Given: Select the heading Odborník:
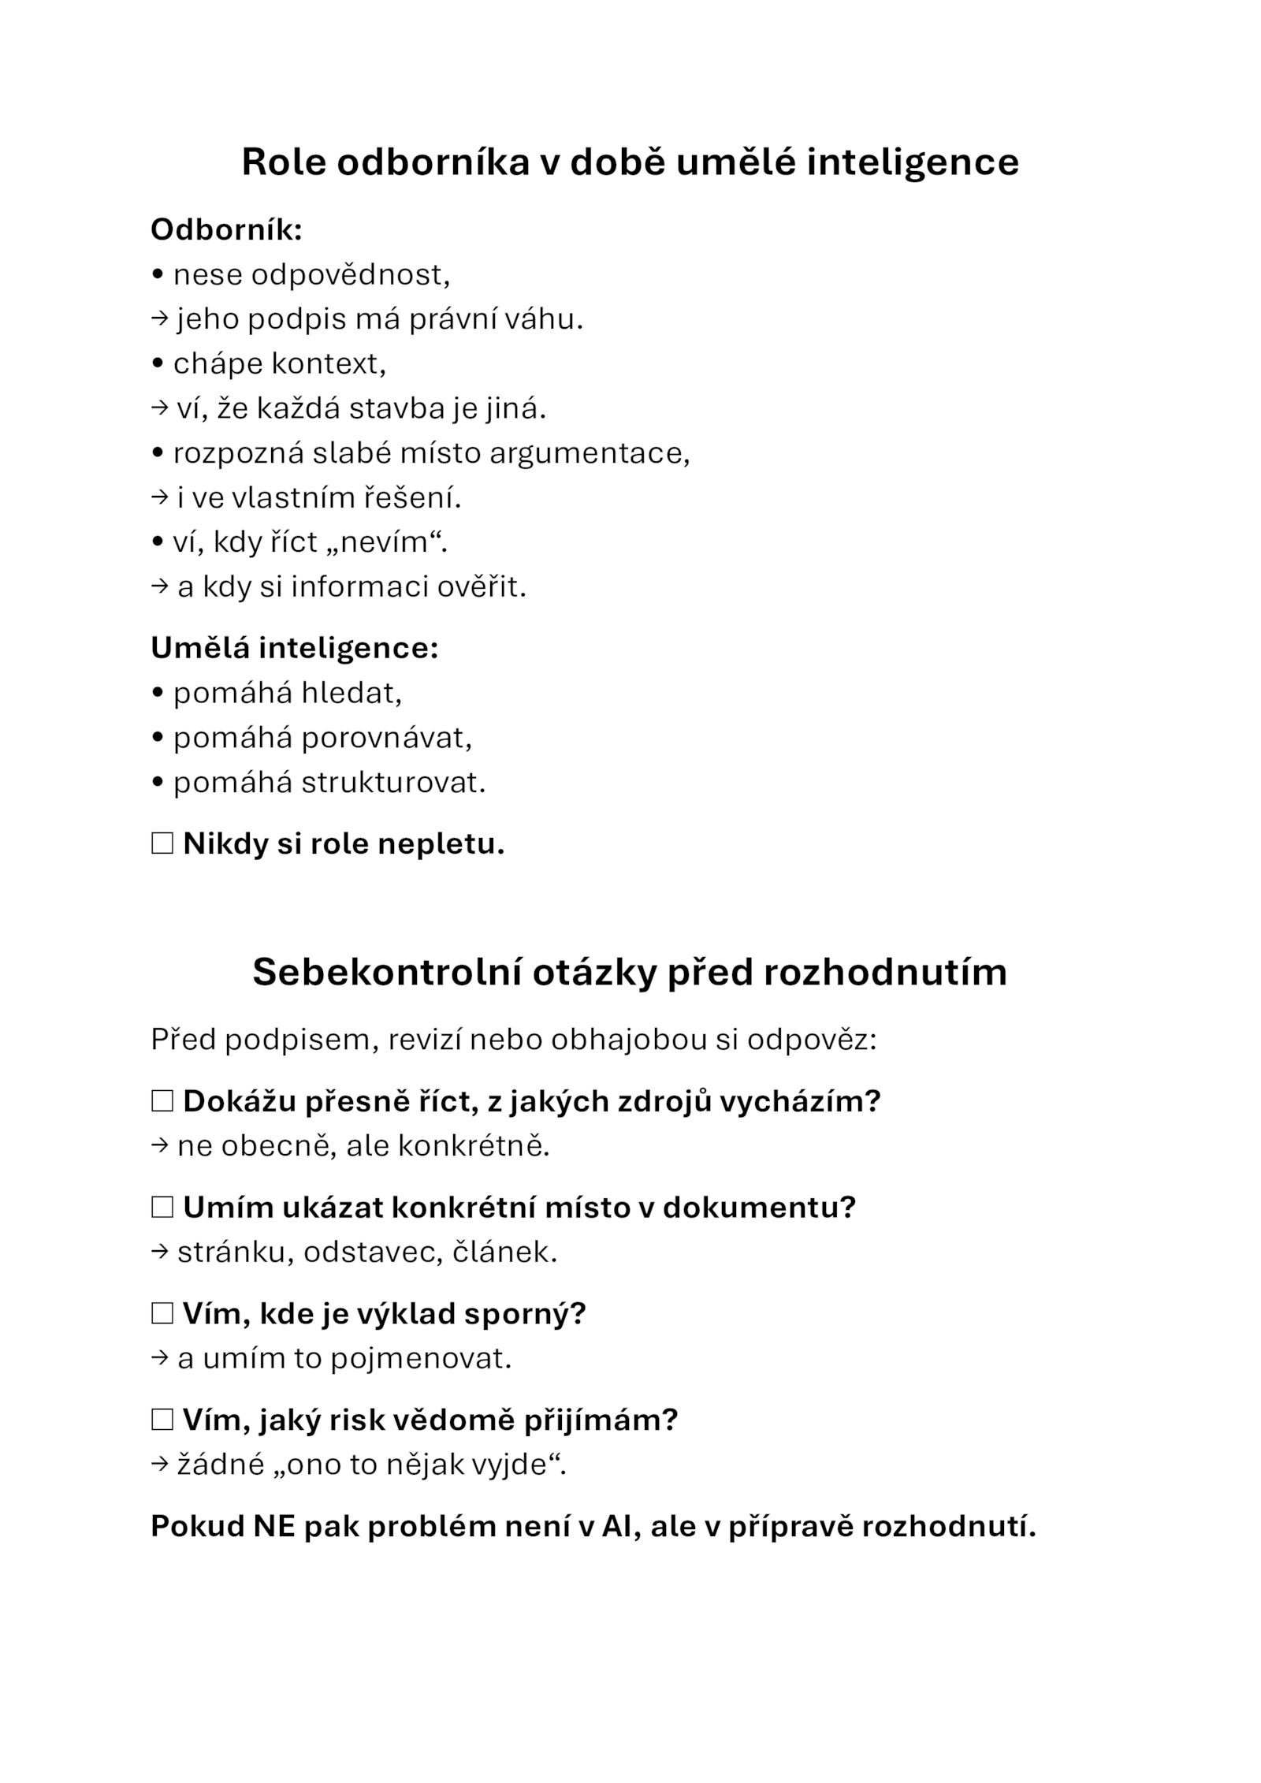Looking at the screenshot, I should pos(226,230).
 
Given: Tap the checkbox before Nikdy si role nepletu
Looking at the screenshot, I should pos(162,843).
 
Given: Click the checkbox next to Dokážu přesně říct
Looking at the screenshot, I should pos(162,1101).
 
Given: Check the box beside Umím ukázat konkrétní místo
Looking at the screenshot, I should pos(162,1207).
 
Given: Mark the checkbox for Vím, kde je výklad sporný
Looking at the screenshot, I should pos(162,1313).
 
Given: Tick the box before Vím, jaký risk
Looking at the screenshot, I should pos(162,1420).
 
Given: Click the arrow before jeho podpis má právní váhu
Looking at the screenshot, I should pos(159,319).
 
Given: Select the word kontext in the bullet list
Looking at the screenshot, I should pos(329,364).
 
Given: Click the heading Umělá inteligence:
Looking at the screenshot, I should pos(294,648).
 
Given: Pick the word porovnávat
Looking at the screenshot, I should pos(386,738).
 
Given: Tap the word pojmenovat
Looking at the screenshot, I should pos(421,1358).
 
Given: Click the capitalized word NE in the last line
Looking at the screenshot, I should pos(273,1527).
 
